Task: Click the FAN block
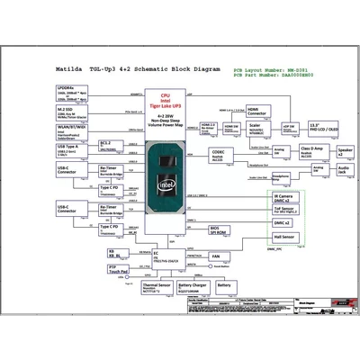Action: tap(215, 255)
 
